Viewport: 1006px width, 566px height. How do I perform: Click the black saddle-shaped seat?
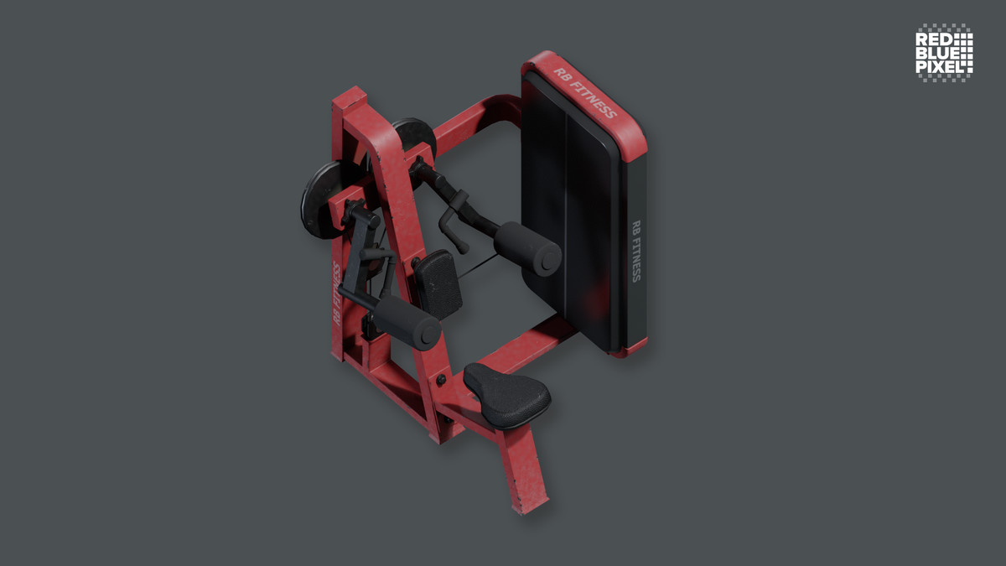pos(507,395)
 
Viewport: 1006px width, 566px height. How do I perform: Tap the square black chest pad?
pos(437,282)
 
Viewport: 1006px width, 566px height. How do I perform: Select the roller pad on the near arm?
pos(406,323)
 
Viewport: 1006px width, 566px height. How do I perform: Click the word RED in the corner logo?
pos(932,39)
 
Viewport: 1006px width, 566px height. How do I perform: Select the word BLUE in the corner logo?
pos(936,52)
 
